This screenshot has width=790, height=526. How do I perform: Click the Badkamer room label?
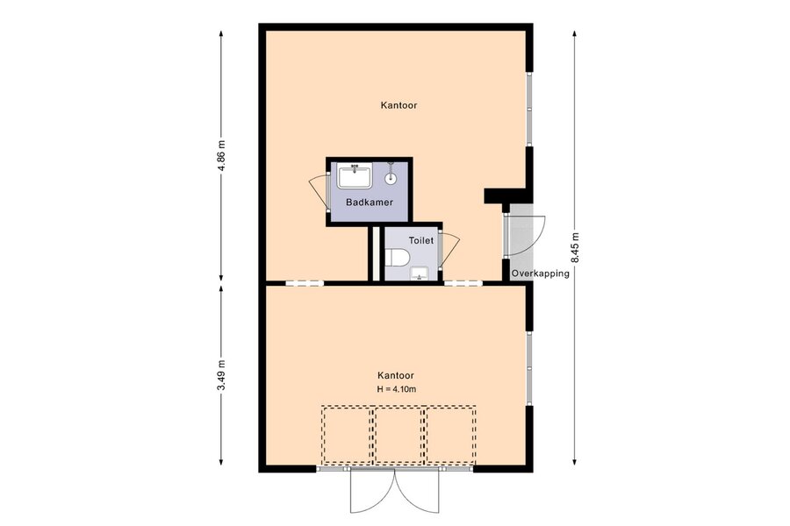tap(370, 203)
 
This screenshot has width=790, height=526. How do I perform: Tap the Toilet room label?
tap(420, 240)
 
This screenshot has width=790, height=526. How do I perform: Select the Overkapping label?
tap(540, 274)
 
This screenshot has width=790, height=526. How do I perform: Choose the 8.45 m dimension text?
tap(575, 247)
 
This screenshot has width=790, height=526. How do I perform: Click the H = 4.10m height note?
tap(397, 389)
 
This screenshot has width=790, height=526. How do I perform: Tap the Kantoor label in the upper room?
tap(399, 106)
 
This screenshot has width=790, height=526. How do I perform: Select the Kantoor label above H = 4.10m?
tap(396, 375)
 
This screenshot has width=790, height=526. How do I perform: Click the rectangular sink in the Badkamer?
tap(355, 176)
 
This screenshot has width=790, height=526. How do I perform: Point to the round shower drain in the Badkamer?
tap(391, 178)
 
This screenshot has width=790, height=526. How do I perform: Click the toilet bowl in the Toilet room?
tap(397, 258)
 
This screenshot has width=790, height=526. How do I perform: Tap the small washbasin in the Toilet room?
tap(420, 274)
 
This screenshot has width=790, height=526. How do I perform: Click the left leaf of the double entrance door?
tap(373, 491)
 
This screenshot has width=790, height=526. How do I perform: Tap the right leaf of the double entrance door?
tap(417, 491)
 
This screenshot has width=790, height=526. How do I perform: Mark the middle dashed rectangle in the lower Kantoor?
tap(399, 435)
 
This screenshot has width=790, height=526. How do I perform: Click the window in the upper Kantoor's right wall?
tap(529, 109)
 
